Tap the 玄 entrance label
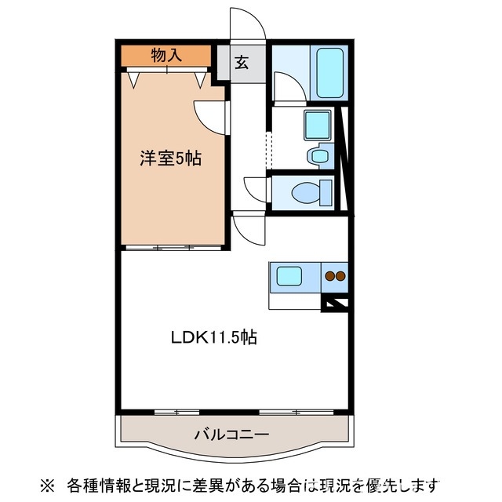(x=242, y=64)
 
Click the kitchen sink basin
(x=289, y=276)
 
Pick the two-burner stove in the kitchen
(x=336, y=275)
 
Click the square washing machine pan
(x=318, y=125)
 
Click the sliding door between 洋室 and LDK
(x=173, y=248)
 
